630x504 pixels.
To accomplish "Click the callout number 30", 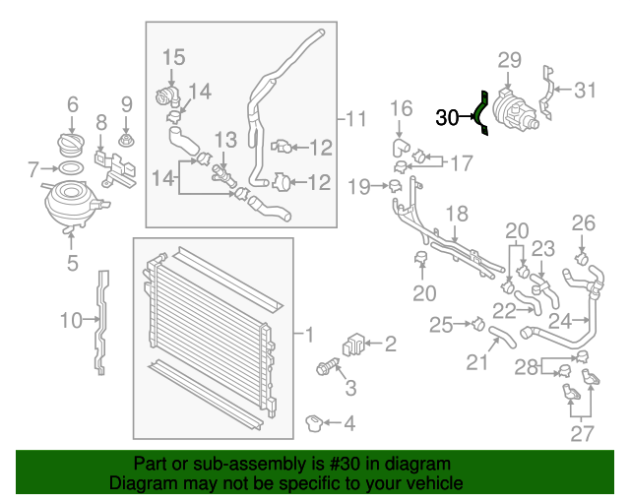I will tap(447, 119).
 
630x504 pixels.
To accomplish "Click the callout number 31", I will tap(586, 91).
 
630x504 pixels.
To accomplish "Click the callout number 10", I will tap(70, 319).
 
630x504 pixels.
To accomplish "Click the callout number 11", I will tap(355, 120).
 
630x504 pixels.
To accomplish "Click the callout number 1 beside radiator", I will tap(310, 337).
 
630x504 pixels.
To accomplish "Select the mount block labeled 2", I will tap(352, 346).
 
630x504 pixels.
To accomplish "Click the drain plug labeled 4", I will tap(315, 423).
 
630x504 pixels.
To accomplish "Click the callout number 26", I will tap(584, 222).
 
